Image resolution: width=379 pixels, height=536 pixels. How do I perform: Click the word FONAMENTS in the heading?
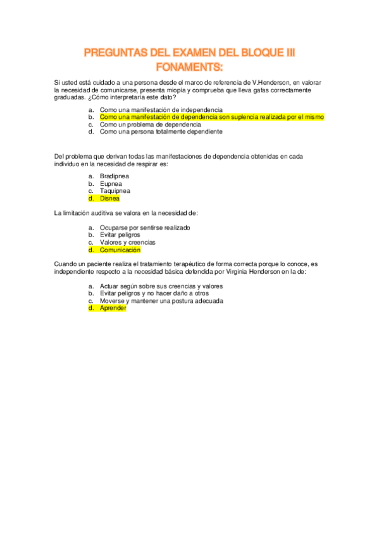[x=189, y=66]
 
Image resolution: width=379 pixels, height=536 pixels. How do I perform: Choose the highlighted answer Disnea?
[x=109, y=198]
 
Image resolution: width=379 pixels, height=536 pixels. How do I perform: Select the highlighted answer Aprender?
[x=113, y=308]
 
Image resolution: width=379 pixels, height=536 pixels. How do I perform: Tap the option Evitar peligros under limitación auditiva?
[x=120, y=234]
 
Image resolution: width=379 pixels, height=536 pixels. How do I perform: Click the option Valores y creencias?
[x=128, y=242]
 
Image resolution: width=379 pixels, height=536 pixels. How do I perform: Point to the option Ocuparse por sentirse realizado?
[x=145, y=227]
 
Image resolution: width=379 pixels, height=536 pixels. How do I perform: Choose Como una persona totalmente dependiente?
[x=161, y=132]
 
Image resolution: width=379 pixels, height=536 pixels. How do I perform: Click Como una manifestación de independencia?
[x=161, y=109]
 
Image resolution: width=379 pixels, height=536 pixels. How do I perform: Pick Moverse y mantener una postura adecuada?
[x=161, y=301]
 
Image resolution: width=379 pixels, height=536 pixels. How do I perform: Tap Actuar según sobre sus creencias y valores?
[x=161, y=286]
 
